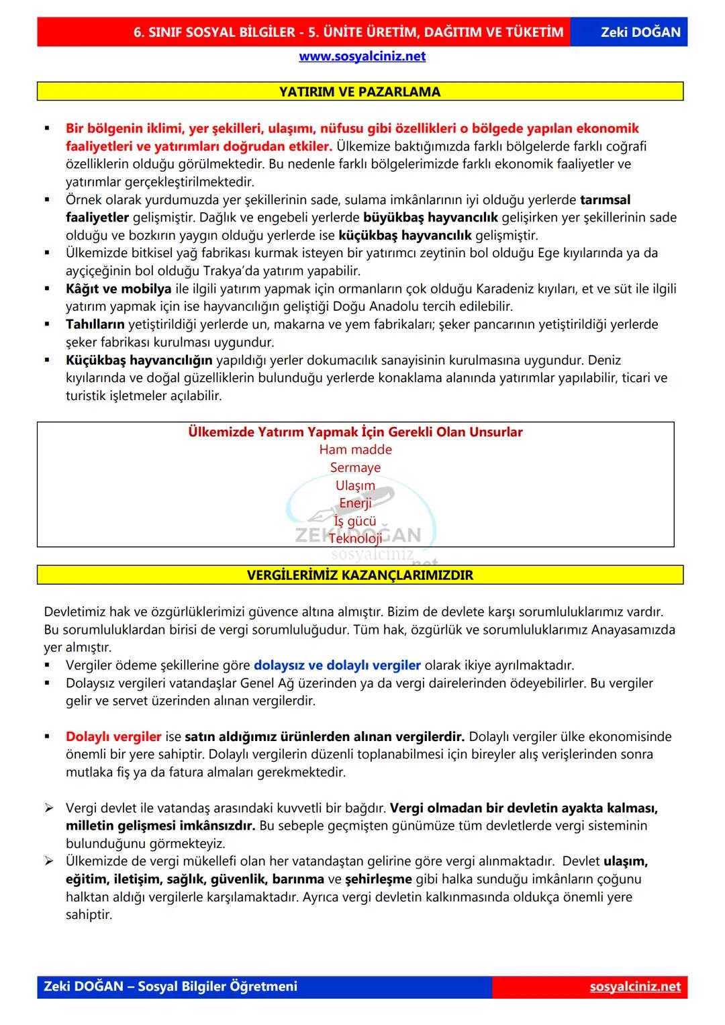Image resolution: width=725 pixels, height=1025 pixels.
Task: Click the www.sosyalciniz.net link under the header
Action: (x=362, y=56)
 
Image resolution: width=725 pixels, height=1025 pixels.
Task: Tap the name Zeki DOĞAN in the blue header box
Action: (x=640, y=32)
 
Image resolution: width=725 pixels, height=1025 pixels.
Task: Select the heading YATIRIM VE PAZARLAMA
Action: (x=360, y=92)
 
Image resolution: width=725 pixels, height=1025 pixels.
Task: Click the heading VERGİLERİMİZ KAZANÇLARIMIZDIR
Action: (x=360, y=575)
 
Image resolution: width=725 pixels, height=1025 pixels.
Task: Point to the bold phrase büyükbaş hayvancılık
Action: (x=430, y=217)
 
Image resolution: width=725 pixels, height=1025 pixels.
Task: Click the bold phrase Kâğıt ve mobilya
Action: (x=118, y=289)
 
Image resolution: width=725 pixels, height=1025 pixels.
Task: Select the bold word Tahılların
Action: (x=95, y=324)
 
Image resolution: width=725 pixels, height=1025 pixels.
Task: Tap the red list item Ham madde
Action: (x=355, y=450)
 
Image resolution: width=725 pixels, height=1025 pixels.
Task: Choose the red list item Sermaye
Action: (x=355, y=468)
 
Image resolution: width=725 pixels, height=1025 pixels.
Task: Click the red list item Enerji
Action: (x=355, y=503)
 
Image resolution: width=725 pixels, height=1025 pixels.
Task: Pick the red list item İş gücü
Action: (x=355, y=522)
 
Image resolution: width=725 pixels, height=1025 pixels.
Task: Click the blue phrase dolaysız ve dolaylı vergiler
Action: (x=337, y=665)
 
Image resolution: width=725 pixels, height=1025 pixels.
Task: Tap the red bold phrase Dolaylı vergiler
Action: (x=113, y=736)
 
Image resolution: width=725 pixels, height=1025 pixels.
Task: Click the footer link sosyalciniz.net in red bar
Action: (x=634, y=987)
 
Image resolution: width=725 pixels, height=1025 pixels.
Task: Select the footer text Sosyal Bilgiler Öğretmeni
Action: (x=217, y=987)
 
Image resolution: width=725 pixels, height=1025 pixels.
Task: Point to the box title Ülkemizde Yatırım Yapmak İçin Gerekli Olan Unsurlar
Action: (x=355, y=432)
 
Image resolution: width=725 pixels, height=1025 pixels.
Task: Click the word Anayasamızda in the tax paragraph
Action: (x=633, y=630)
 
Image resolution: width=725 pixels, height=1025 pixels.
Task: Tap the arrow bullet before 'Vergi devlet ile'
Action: (x=49, y=808)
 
